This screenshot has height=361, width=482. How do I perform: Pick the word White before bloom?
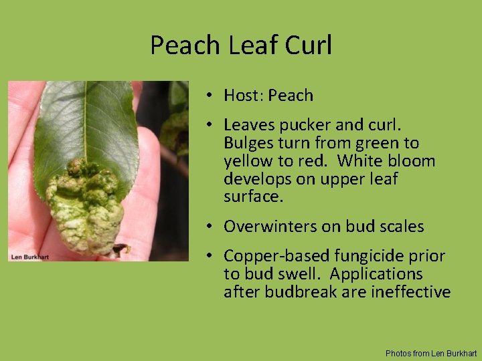pos(363,161)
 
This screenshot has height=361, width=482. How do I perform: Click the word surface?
pos(252,197)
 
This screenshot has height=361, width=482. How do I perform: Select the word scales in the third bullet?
pos(399,227)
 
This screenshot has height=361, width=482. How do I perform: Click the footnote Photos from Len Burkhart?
pos(431,353)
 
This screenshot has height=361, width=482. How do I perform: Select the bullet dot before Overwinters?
pos(210,227)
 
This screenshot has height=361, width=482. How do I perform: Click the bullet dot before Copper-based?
pos(210,256)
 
